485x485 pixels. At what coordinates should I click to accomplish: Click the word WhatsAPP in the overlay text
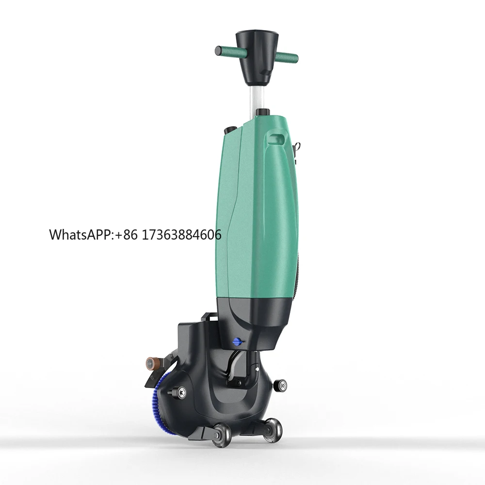[x=80, y=235]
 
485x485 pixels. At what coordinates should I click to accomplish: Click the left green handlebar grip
[x=226, y=50]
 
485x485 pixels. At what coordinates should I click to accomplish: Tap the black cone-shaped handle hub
[x=254, y=58]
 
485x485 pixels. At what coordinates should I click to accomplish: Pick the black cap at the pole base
[x=262, y=113]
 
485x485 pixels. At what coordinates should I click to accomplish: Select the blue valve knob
[x=238, y=341]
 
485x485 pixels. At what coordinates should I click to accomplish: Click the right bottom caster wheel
[x=273, y=429]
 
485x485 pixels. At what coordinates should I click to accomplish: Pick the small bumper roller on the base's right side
[x=280, y=386]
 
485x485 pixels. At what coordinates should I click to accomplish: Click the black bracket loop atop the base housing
[x=207, y=318]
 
